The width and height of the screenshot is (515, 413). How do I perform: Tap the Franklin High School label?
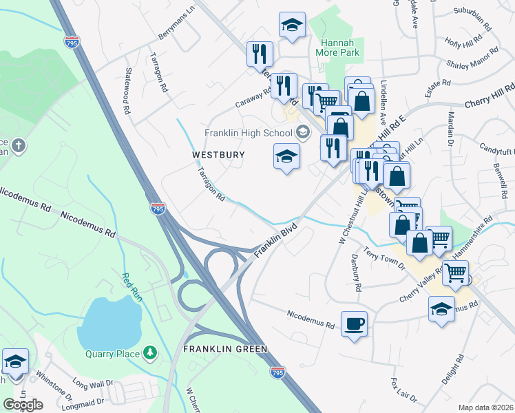[x=249, y=133]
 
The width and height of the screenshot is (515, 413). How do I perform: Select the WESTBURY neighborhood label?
[x=218, y=155]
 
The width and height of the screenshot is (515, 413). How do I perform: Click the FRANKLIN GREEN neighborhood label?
[x=224, y=349]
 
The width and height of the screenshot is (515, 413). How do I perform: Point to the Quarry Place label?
[x=113, y=354]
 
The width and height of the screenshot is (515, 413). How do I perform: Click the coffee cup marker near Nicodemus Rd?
[x=354, y=324]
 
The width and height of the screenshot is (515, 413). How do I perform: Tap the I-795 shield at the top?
[x=71, y=42]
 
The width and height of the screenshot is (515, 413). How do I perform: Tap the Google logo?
[x=23, y=404]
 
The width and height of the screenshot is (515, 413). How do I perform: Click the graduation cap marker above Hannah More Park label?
[x=292, y=25]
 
